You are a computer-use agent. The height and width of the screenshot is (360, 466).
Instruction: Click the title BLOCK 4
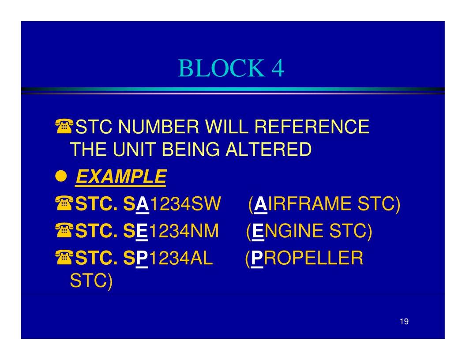tap(231, 68)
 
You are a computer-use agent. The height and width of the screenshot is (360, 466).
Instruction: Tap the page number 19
tap(404, 321)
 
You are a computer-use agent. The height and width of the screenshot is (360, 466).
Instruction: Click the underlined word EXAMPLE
tap(120, 177)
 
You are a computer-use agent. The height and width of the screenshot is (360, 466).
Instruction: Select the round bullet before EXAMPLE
tap(61, 176)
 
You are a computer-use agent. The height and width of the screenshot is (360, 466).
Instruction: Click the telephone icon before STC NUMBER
tap(64, 126)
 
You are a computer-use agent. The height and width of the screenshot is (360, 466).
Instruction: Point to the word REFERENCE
tap(312, 127)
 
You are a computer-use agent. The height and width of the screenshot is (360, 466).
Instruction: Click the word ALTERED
tap(268, 149)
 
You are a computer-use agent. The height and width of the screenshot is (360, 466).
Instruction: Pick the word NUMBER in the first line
tap(158, 127)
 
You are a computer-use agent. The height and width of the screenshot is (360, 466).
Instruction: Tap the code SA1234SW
tap(172, 204)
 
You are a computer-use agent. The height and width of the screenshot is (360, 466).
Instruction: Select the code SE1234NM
tap(171, 231)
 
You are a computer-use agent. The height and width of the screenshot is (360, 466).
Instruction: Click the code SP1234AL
tap(168, 258)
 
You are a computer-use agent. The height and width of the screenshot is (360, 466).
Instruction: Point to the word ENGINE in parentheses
tap(288, 231)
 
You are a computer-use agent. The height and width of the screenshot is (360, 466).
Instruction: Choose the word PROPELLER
tap(307, 258)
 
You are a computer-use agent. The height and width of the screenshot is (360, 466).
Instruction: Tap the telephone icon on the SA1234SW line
tap(64, 203)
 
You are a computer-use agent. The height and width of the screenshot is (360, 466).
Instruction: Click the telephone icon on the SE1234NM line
tap(64, 230)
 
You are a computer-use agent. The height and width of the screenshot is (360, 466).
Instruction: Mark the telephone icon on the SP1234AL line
tap(64, 257)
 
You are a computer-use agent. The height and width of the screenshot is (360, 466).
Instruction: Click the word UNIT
tap(135, 149)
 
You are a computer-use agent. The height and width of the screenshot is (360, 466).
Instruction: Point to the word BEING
tap(191, 149)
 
